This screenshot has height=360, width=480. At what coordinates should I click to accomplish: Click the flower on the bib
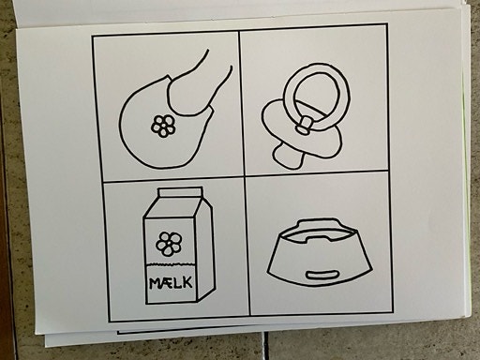(x=163, y=126)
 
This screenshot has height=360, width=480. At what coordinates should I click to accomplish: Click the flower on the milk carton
(x=168, y=245)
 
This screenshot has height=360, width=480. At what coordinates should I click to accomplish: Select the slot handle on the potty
(x=320, y=274)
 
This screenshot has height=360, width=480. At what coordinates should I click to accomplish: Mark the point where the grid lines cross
(x=245, y=176)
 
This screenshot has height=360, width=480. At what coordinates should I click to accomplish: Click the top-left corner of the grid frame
(x=93, y=37)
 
